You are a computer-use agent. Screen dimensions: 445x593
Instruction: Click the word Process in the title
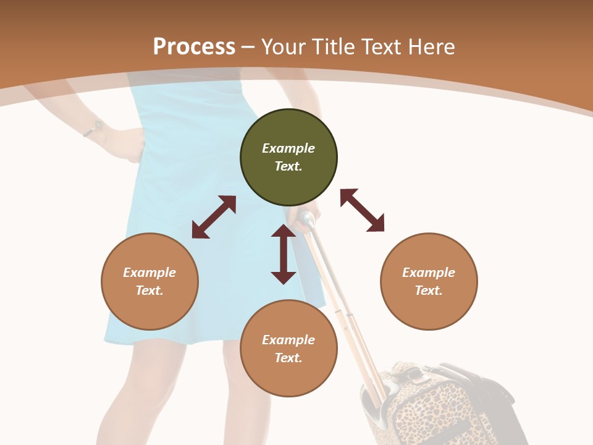(194, 46)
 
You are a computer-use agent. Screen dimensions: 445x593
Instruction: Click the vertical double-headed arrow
(284, 254)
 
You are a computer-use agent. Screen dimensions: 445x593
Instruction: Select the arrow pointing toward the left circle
(214, 217)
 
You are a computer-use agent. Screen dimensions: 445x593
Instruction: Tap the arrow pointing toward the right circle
(362, 210)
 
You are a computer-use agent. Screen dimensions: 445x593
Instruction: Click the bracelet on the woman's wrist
(93, 129)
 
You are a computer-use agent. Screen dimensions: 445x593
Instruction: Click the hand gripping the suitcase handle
(306, 221)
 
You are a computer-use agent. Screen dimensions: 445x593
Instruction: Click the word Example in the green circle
(288, 148)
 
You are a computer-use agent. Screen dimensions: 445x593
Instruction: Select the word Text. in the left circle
(149, 290)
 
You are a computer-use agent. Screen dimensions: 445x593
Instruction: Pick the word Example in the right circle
(429, 273)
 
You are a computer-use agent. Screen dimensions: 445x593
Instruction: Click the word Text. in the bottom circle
(288, 358)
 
